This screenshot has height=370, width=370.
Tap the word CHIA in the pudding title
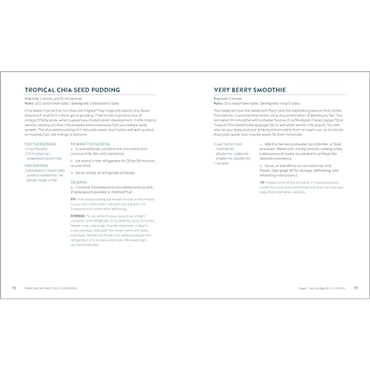(62, 90)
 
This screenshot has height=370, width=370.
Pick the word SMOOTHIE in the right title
(270, 90)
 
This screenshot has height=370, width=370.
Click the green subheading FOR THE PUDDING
(40, 144)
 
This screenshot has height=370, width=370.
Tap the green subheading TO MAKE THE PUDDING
(90, 144)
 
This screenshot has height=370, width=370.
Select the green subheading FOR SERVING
(36, 166)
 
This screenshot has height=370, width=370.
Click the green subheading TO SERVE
(79, 183)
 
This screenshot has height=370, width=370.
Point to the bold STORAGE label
(78, 216)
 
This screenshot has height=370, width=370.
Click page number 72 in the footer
(14, 288)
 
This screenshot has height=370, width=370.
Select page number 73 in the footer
(356, 288)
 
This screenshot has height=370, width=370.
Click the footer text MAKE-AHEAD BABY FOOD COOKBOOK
(51, 288)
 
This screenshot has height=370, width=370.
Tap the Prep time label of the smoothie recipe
(220, 99)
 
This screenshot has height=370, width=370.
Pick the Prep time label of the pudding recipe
(31, 99)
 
